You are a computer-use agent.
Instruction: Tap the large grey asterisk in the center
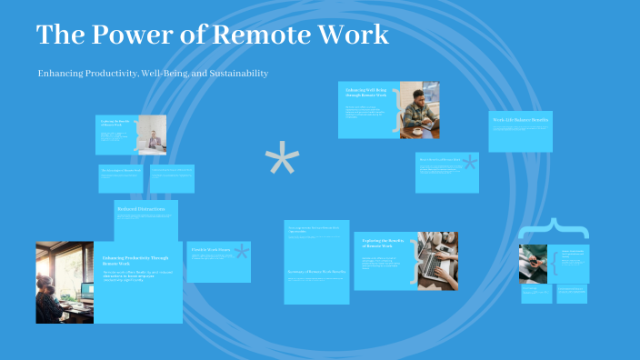click(x=282, y=161)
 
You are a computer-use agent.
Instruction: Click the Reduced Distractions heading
click(x=141, y=210)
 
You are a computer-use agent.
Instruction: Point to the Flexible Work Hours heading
click(x=208, y=249)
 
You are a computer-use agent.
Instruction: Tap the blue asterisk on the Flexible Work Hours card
click(x=241, y=252)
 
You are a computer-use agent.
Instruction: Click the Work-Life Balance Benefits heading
click(x=520, y=120)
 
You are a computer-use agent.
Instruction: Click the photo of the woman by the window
click(x=65, y=270)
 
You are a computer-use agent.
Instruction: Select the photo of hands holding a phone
click(x=533, y=264)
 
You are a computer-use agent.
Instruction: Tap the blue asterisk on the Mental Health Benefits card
click(x=469, y=164)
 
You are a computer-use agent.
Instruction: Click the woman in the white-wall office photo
click(x=153, y=138)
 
